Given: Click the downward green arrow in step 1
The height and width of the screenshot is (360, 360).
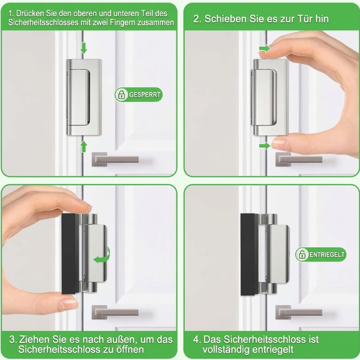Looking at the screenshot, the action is (x=84, y=48).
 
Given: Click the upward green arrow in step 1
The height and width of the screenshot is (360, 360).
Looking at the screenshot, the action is (x=84, y=147).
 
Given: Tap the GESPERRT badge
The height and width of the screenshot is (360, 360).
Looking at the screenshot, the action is (x=139, y=94).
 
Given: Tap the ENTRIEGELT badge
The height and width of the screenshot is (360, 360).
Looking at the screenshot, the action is (x=320, y=254).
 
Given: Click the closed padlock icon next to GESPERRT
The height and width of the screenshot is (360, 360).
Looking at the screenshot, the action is (x=121, y=94).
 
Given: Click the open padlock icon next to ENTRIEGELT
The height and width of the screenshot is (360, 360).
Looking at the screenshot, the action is (x=302, y=254).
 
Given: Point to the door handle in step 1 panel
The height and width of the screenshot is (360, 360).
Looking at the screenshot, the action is (x=115, y=159).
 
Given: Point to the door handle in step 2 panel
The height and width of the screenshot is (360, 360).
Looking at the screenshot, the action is (x=299, y=159).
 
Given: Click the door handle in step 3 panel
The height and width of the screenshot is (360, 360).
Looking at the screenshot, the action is (x=115, y=312).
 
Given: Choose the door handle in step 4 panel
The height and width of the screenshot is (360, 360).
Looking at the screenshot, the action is (x=299, y=312).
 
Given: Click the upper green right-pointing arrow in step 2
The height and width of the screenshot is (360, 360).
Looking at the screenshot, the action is (x=265, y=49).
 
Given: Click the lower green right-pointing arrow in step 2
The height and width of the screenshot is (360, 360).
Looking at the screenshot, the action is (x=265, y=146).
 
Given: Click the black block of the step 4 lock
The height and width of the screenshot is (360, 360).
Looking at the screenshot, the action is (x=249, y=254).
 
